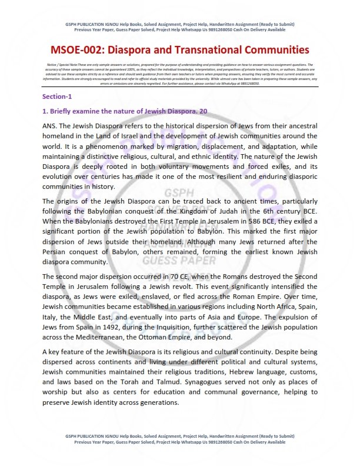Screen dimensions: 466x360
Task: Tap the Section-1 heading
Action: click(x=57, y=96)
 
